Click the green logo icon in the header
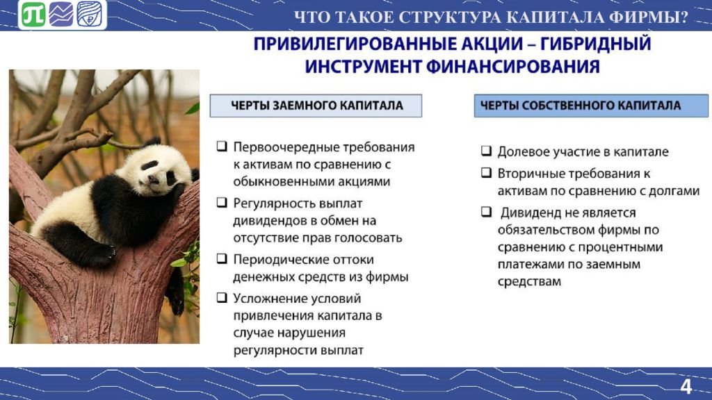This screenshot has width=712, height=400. pos(33,15)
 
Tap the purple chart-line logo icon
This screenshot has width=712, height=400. pos(61,15)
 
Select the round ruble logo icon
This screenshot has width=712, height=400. pos(89,15)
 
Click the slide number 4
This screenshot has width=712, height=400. pos(686,386)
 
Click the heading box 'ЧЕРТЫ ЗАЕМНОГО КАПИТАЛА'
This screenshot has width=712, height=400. pos(316,106)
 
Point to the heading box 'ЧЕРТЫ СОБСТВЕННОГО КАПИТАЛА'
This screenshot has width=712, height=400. pos(591,106)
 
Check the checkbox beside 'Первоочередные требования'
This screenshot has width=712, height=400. pos(222,146)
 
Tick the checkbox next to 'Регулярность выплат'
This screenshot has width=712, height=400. pos(222,202)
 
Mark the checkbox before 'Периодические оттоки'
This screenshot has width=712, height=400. pos(222,258)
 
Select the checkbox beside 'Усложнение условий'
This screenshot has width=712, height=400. pos(222,297)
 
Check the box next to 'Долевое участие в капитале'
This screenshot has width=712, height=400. pos(486,151)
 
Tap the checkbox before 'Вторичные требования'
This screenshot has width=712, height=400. pos(486,172)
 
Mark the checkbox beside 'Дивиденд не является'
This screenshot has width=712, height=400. pos(486,211)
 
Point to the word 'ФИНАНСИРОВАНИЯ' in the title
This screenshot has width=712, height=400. pos(513,67)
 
